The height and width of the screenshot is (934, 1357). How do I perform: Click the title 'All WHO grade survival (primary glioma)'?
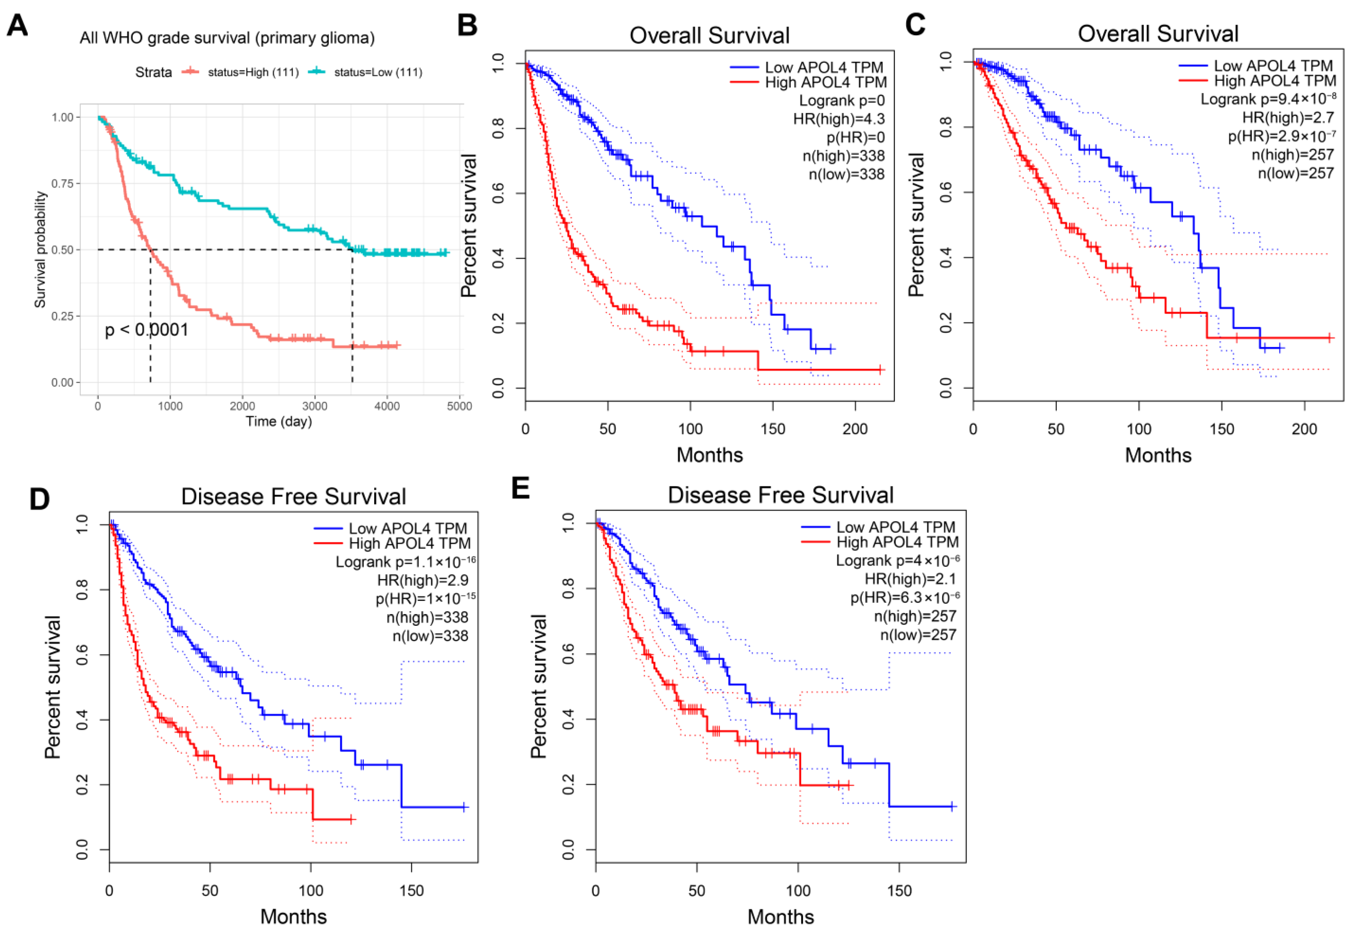(x=227, y=38)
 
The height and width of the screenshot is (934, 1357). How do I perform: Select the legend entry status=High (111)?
(x=253, y=72)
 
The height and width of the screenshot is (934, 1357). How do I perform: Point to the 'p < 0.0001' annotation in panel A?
(x=146, y=330)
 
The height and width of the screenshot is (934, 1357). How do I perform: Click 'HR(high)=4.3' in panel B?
(x=839, y=119)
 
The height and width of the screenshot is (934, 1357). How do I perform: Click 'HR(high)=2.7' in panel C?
(x=1288, y=118)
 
